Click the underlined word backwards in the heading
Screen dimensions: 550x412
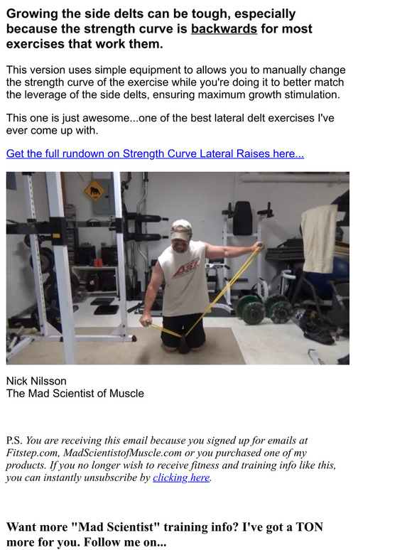coord(224,29)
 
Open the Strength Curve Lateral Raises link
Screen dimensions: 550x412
coord(155,153)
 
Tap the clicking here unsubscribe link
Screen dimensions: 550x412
coord(181,478)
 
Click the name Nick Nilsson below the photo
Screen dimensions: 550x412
coord(36,381)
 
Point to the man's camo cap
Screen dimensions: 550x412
coord(182,229)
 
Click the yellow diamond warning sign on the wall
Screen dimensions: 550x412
coord(94,190)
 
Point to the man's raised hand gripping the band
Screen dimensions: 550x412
coord(260,246)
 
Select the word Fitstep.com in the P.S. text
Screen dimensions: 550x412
coord(33,452)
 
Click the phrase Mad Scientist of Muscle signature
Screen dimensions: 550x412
coord(75,393)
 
